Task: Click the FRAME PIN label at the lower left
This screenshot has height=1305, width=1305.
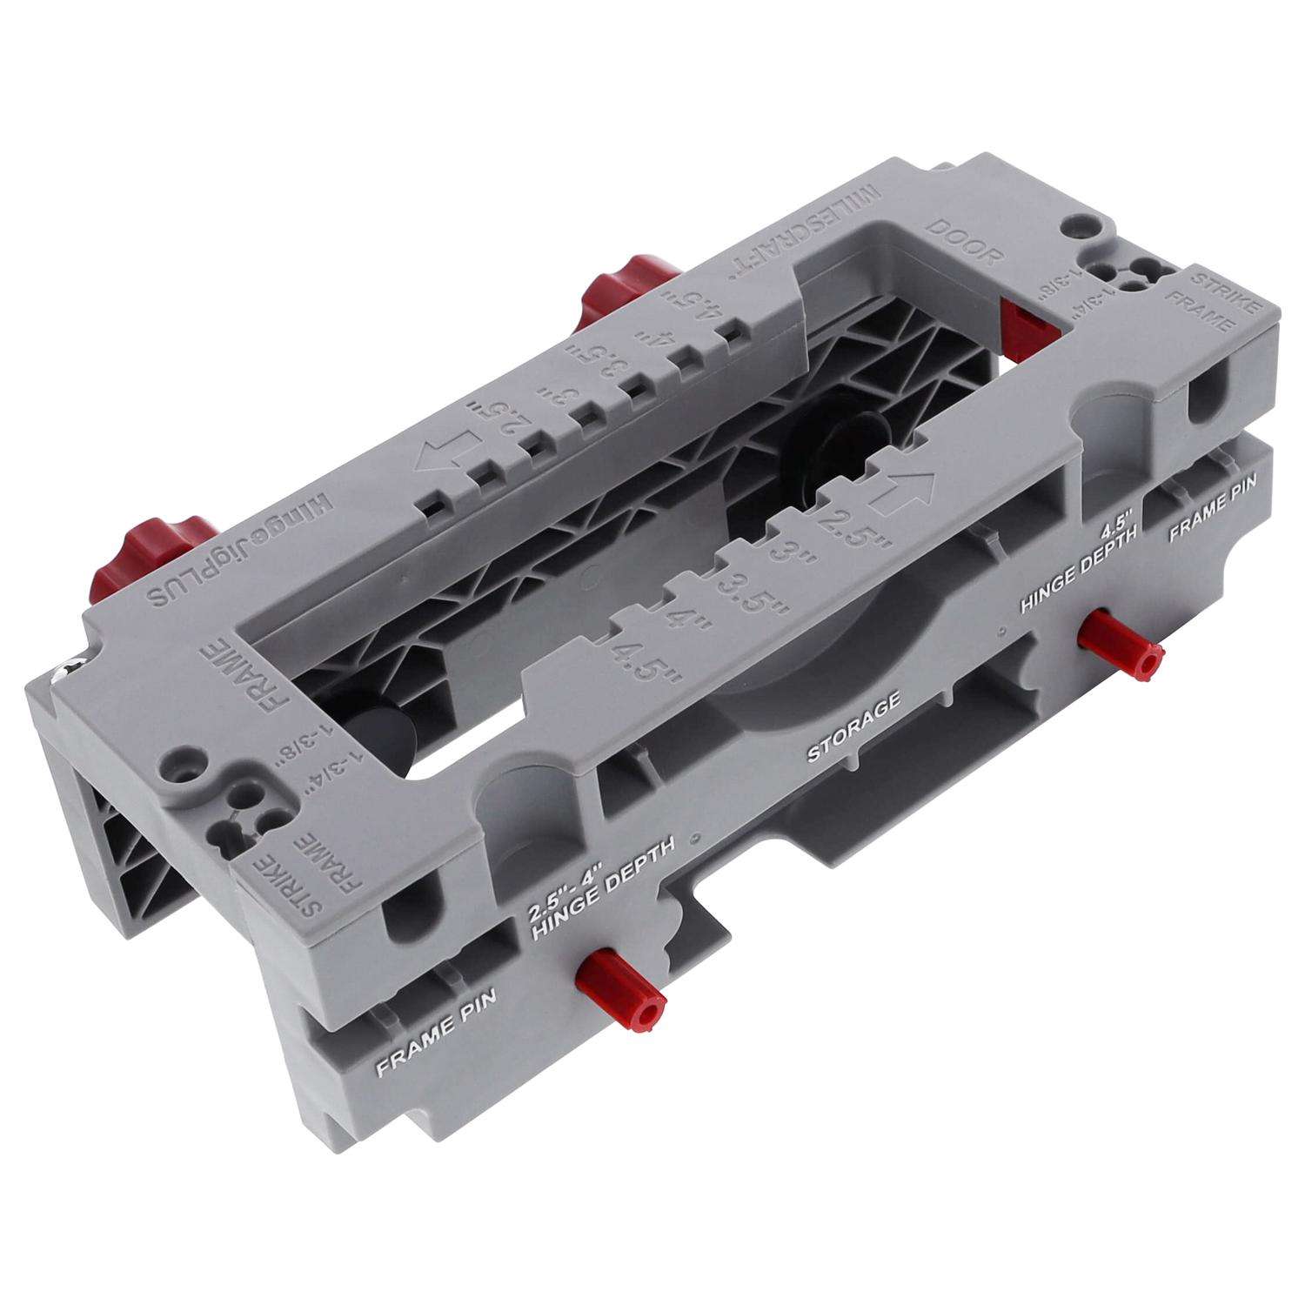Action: pos(434,1041)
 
